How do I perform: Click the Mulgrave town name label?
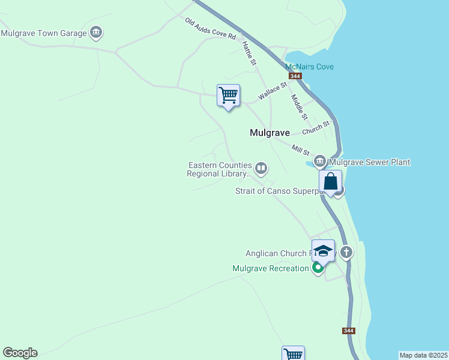coord(270,133)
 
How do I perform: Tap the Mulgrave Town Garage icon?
coord(95,33)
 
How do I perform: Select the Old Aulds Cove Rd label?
coord(210,29)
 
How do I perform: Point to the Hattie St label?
coord(249,53)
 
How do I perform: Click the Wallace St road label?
coord(273,92)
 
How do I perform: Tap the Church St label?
coord(316,128)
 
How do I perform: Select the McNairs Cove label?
coord(309,67)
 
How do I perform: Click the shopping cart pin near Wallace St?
coord(228,95)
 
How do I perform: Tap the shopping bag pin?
coord(330,181)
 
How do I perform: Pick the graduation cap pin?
coord(323,251)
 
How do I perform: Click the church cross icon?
coord(346,252)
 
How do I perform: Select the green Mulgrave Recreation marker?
coord(318,268)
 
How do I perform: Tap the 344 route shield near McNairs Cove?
coord(295,76)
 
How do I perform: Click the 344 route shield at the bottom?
coord(349,331)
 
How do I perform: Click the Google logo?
coord(20,353)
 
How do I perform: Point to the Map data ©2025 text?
coord(423,355)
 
